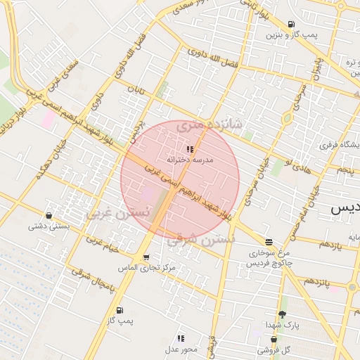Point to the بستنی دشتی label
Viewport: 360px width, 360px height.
coord(49,226)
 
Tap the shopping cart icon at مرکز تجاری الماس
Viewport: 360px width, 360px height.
coord(146,257)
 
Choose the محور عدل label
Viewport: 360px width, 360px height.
coord(182,349)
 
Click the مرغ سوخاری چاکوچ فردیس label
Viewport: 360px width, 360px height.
coord(268,257)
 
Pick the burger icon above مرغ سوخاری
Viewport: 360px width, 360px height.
coord(268,241)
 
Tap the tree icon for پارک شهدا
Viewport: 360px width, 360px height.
coord(282,314)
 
